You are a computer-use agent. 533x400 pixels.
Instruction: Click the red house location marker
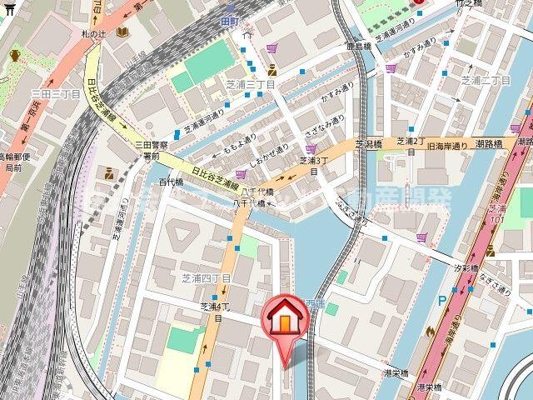tap(283, 321)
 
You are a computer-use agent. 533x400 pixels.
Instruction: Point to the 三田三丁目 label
tap(56, 94)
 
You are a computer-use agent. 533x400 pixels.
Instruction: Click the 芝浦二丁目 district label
tap(486, 80)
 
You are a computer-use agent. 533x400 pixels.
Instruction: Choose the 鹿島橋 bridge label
tap(359, 47)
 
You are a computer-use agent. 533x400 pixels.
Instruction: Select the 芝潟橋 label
tap(369, 143)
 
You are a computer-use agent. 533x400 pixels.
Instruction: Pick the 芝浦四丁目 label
tap(206, 276)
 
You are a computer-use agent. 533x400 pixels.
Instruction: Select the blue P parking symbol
tap(441, 301)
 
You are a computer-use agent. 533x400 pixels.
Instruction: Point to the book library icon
tap(122, 32)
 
